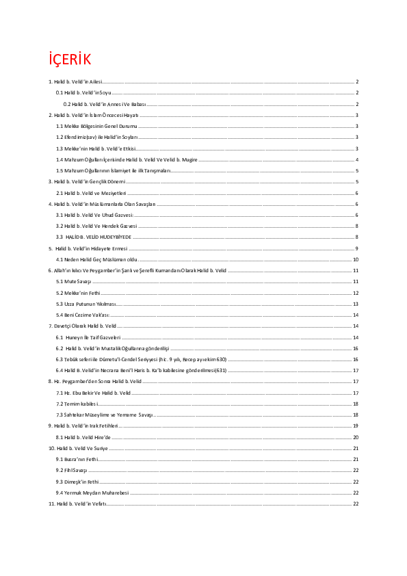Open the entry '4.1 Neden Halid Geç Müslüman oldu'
click(x=92, y=259)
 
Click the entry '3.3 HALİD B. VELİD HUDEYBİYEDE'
click(x=94, y=237)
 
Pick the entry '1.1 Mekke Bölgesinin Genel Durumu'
click(x=96, y=127)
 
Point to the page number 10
click(x=356, y=259)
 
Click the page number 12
click(x=356, y=292)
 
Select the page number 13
click(x=356, y=303)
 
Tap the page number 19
click(x=356, y=426)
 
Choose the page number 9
click(x=357, y=248)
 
